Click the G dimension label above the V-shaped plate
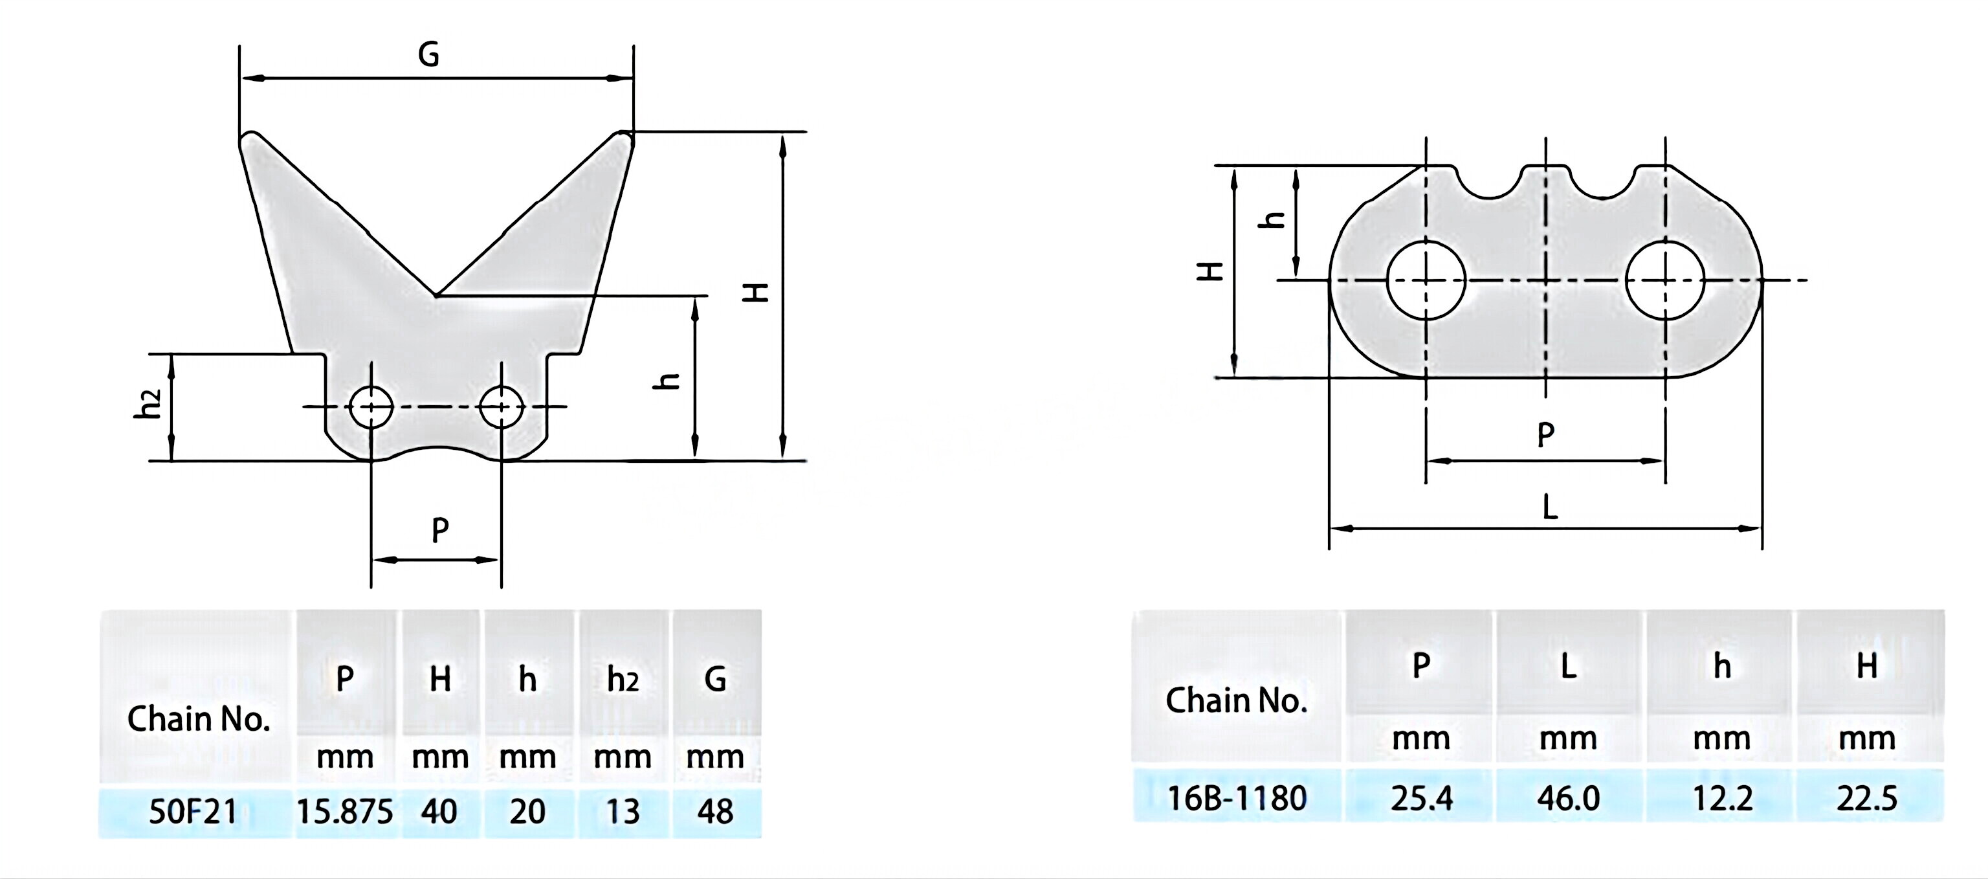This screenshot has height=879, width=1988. click(428, 55)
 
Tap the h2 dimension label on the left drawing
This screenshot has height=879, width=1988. click(148, 405)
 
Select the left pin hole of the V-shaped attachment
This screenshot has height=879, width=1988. click(371, 406)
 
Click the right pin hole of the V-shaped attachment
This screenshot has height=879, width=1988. click(502, 406)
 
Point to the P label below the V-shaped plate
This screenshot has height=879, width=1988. click(440, 530)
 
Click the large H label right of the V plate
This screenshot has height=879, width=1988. click(757, 292)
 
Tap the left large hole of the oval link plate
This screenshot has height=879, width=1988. click(1426, 280)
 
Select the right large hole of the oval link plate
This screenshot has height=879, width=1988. click(1664, 280)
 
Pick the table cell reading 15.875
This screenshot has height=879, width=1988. click(344, 812)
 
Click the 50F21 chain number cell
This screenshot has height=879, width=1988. click(193, 812)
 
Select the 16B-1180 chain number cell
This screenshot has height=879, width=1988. click(1236, 798)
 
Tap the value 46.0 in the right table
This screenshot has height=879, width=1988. click(1568, 798)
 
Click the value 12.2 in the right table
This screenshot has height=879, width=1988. click(1722, 798)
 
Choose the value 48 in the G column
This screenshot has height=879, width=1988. click(715, 812)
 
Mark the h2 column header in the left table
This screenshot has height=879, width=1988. click(622, 680)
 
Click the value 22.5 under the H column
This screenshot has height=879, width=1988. click(1866, 798)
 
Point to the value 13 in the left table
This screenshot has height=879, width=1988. click(622, 812)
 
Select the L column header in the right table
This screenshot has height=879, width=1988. click(1568, 665)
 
